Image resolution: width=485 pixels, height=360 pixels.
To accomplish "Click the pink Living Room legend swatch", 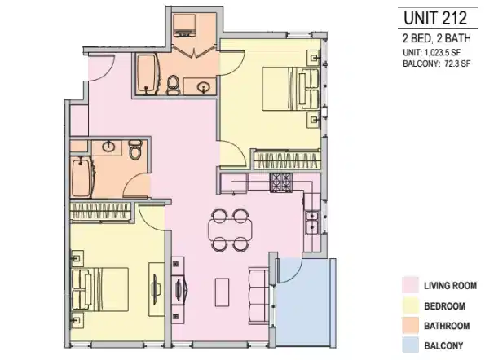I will coord(412,285).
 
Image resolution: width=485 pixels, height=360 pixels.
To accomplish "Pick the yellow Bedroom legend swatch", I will coord(412,305).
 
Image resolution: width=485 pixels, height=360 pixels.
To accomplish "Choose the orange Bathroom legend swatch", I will coord(412,326).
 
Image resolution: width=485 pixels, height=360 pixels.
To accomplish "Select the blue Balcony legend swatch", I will coord(412,345).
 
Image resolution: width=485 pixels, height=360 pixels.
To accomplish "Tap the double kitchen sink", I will coord(311,220).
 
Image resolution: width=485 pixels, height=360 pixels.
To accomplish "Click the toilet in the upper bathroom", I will coord(172,84).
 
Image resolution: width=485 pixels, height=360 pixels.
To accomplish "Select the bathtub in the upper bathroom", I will coord(148,75).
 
